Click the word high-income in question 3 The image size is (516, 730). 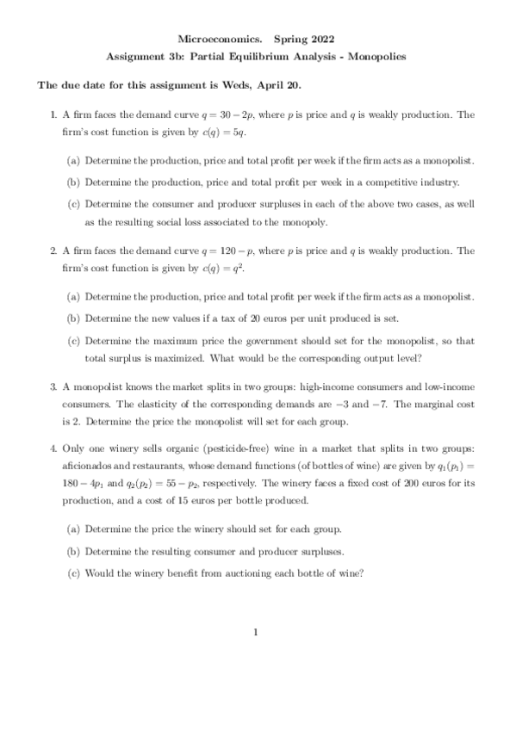(315, 390)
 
